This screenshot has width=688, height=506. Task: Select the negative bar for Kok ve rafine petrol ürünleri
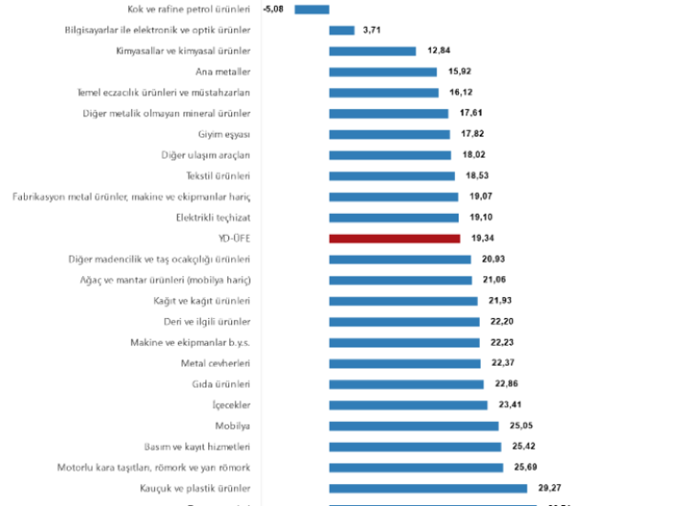pyautogui.click(x=312, y=10)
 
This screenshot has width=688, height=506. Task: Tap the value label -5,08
pyautogui.click(x=275, y=10)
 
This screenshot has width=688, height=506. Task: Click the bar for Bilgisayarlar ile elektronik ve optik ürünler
pyautogui.click(x=341, y=31)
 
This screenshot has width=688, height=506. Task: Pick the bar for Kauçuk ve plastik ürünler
pyautogui.click(x=427, y=489)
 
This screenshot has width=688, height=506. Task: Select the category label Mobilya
pyautogui.click(x=232, y=426)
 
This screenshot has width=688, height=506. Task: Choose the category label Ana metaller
pyautogui.click(x=223, y=72)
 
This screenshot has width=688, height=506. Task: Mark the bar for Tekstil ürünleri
pyautogui.click(x=392, y=176)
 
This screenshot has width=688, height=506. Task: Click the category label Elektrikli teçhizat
pyautogui.click(x=213, y=218)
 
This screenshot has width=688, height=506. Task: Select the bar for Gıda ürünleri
pyautogui.click(x=406, y=384)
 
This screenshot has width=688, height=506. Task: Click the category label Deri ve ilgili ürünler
pyautogui.click(x=207, y=322)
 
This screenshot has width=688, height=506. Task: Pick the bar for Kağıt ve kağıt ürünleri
pyautogui.click(x=402, y=301)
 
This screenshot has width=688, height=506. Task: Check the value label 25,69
pyautogui.click(x=525, y=468)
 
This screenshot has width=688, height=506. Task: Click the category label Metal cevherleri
pyautogui.click(x=216, y=363)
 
